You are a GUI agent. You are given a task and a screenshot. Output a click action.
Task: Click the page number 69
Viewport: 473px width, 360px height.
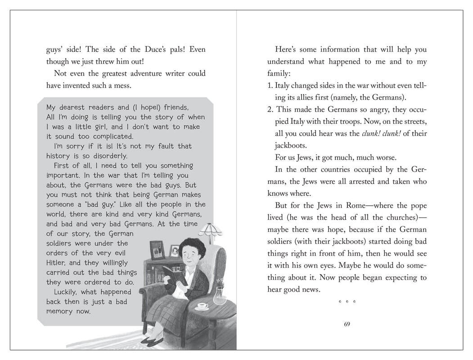coord(347,324)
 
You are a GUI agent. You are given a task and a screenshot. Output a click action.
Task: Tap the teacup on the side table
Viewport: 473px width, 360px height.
coord(202,306)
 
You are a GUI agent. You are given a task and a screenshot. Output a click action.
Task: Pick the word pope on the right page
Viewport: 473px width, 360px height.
coord(417,206)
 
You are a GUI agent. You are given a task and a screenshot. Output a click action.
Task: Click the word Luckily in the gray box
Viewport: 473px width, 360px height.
coord(68,292)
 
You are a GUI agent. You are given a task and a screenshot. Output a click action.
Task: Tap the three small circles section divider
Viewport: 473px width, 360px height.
coord(347,301)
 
